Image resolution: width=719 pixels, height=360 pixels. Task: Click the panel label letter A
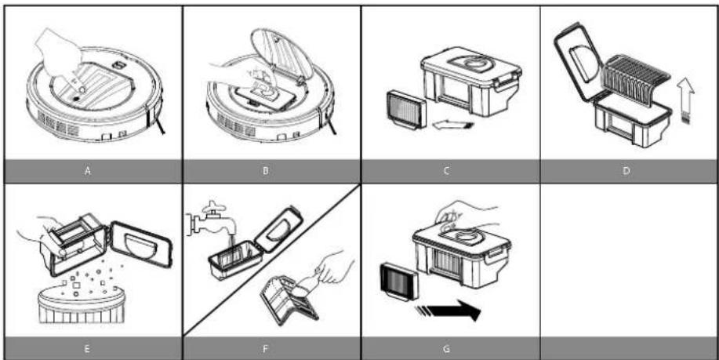pos(88,171)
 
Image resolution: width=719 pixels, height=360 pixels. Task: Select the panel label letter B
pos(266,171)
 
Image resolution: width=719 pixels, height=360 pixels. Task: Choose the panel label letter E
pos(87,349)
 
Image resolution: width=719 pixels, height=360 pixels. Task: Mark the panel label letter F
pos(266,349)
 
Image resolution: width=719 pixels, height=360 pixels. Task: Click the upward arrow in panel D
pos(685,102)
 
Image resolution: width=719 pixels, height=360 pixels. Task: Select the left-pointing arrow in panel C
pos(452,125)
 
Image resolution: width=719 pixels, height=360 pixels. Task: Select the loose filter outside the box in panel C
pos(407,110)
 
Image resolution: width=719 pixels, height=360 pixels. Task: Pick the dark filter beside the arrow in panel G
pos(399,281)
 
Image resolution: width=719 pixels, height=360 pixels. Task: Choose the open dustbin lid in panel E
pos(141,243)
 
